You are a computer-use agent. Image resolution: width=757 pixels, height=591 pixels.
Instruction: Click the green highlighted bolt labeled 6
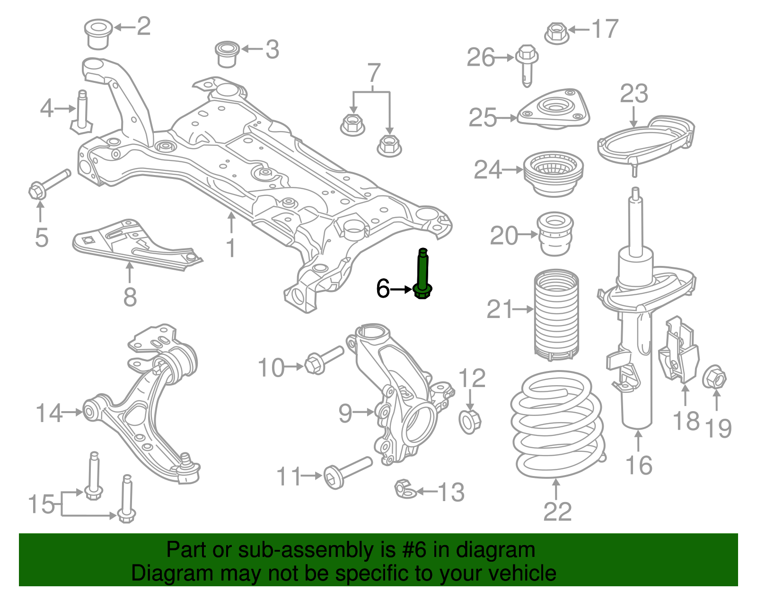(x=423, y=274)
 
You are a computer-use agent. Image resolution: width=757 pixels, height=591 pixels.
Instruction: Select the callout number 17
(x=605, y=29)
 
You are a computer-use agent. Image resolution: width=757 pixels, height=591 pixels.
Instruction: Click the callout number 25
(x=483, y=117)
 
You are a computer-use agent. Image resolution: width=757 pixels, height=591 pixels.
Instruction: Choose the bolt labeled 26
(x=527, y=64)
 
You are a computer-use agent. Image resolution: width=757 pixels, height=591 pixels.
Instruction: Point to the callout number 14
(x=49, y=413)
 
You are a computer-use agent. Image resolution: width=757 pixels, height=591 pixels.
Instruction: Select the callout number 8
(x=130, y=298)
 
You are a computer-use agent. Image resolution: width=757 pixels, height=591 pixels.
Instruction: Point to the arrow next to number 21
(x=523, y=309)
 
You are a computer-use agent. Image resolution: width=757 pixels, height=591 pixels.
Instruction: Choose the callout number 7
(x=374, y=73)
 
